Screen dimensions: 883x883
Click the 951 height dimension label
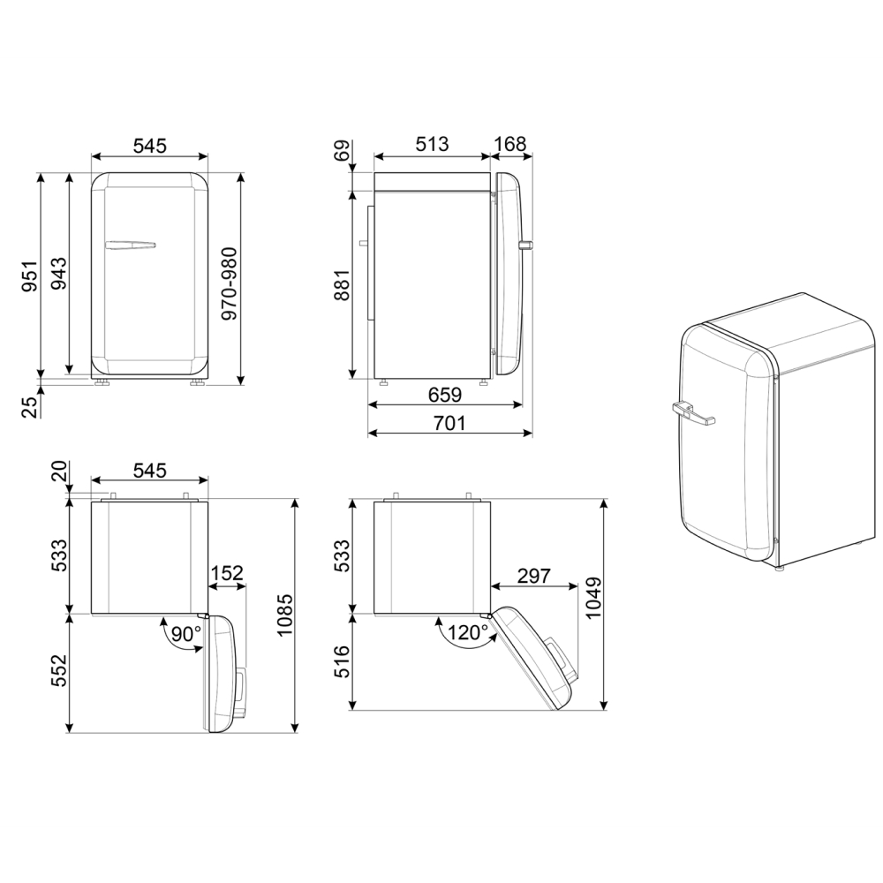click(30, 275)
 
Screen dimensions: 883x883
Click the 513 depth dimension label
click(432, 144)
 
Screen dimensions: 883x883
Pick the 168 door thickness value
click(509, 144)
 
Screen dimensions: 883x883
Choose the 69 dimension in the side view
click(343, 151)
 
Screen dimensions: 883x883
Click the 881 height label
click(343, 285)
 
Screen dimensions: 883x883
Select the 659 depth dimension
click(444, 395)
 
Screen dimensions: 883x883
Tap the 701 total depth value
click(449, 422)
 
